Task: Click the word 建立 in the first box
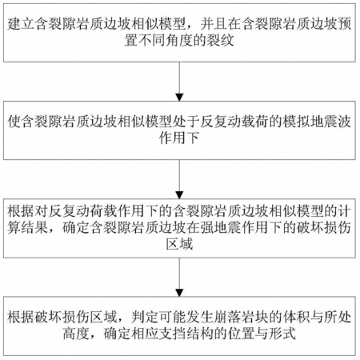click(21, 24)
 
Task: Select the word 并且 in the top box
click(214, 24)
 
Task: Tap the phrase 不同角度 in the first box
click(166, 41)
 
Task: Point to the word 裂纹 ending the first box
click(220, 41)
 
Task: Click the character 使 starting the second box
click(14, 122)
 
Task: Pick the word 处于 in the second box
click(186, 122)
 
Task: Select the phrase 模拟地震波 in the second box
click(317, 122)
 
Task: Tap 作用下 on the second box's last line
click(179, 138)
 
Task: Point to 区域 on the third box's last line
click(179, 244)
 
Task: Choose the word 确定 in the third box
click(76, 227)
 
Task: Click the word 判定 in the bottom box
click(145, 318)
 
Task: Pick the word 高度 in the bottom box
click(76, 334)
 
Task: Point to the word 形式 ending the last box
click(282, 334)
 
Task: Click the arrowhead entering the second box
click(179, 98)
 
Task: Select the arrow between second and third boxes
click(179, 179)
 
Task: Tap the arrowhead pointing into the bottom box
click(179, 293)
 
